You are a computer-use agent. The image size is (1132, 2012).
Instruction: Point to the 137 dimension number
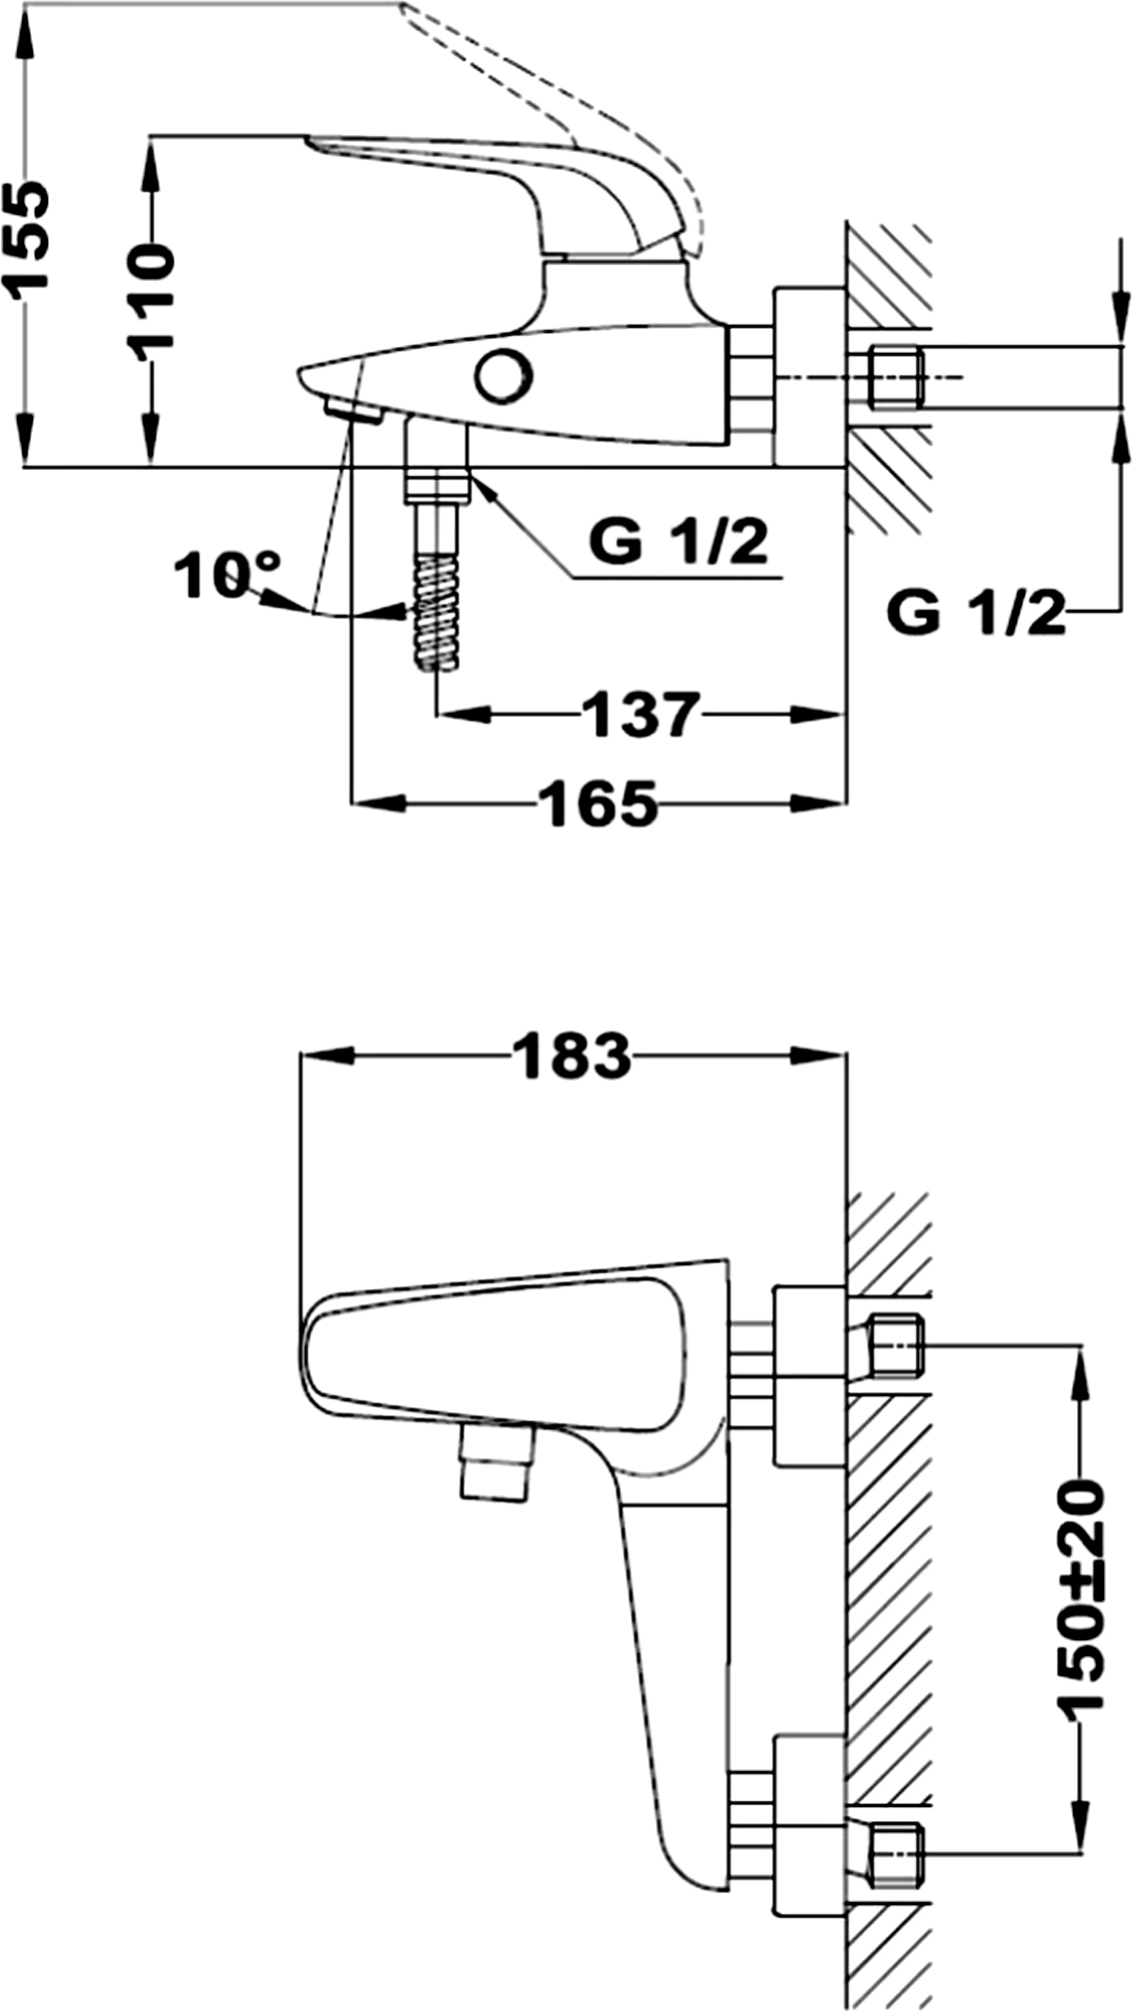(x=640, y=714)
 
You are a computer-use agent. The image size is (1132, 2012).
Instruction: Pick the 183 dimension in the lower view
(x=572, y=1055)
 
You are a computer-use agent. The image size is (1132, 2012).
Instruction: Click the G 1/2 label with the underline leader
(x=679, y=542)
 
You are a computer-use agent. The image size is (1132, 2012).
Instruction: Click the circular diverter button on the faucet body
(x=505, y=376)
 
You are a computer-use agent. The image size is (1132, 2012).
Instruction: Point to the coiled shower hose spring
(x=437, y=614)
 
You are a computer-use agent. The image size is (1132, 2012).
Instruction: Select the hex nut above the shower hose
(x=437, y=488)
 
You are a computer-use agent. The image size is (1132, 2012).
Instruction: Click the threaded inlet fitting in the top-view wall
(x=894, y=377)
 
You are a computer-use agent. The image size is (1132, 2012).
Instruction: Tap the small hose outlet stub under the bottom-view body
(x=497, y=1462)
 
